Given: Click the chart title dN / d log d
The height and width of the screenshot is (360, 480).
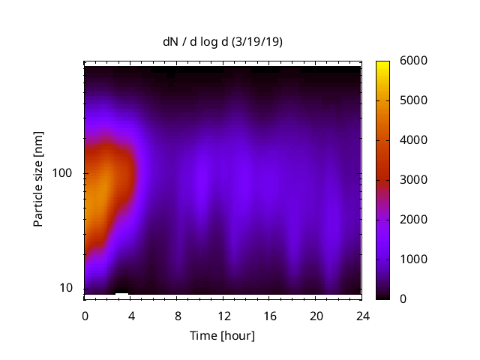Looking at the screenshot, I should (196, 43).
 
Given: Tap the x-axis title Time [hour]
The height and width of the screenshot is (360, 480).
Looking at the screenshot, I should (223, 335).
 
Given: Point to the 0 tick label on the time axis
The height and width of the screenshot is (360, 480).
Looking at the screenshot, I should (85, 314).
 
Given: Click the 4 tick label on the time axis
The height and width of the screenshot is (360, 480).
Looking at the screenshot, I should (131, 314).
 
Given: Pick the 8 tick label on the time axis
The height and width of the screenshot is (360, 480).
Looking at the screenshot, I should (178, 314).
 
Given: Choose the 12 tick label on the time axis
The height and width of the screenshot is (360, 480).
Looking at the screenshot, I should (223, 314).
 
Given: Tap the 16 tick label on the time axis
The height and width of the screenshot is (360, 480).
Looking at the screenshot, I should (270, 314).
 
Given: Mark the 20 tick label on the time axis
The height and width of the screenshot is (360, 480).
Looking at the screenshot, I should (316, 314).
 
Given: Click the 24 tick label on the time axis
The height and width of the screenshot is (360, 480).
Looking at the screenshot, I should (363, 314).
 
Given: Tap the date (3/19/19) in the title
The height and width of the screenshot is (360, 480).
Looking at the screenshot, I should (257, 43).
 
